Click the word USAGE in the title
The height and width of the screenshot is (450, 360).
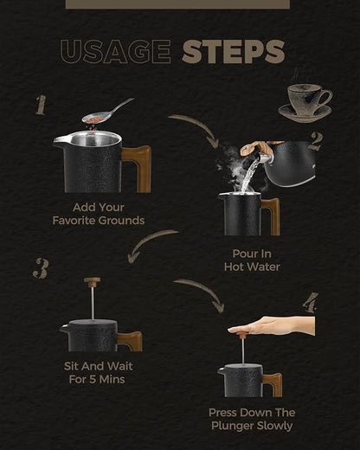(116, 52)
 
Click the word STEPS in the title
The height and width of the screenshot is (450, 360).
(234, 52)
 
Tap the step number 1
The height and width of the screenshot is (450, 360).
(41, 106)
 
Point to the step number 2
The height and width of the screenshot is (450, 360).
(315, 141)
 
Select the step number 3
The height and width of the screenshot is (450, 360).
(41, 268)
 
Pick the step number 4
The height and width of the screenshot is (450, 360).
(311, 303)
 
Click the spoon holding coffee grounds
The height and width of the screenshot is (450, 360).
(107, 112)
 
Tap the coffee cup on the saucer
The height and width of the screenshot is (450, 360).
(305, 103)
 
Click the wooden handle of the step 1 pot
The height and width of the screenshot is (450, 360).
(138, 168)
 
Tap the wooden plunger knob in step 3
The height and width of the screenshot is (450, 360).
(93, 281)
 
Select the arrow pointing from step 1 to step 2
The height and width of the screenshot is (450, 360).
(196, 127)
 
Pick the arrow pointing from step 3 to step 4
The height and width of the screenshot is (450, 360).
(202, 292)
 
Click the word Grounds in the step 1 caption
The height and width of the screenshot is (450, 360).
(121, 221)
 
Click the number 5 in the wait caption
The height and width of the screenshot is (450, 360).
(93, 379)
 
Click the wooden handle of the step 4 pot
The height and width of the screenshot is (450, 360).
(273, 383)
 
